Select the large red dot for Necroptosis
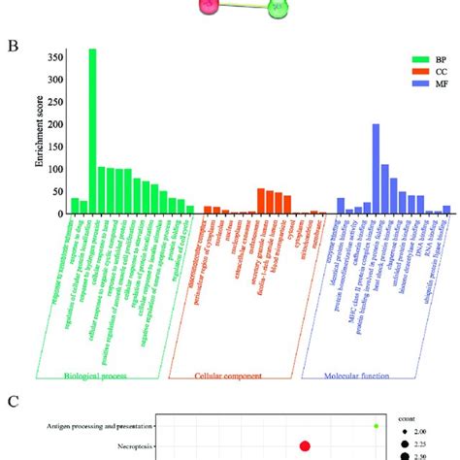(x=305, y=445)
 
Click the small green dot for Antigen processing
(x=377, y=425)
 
